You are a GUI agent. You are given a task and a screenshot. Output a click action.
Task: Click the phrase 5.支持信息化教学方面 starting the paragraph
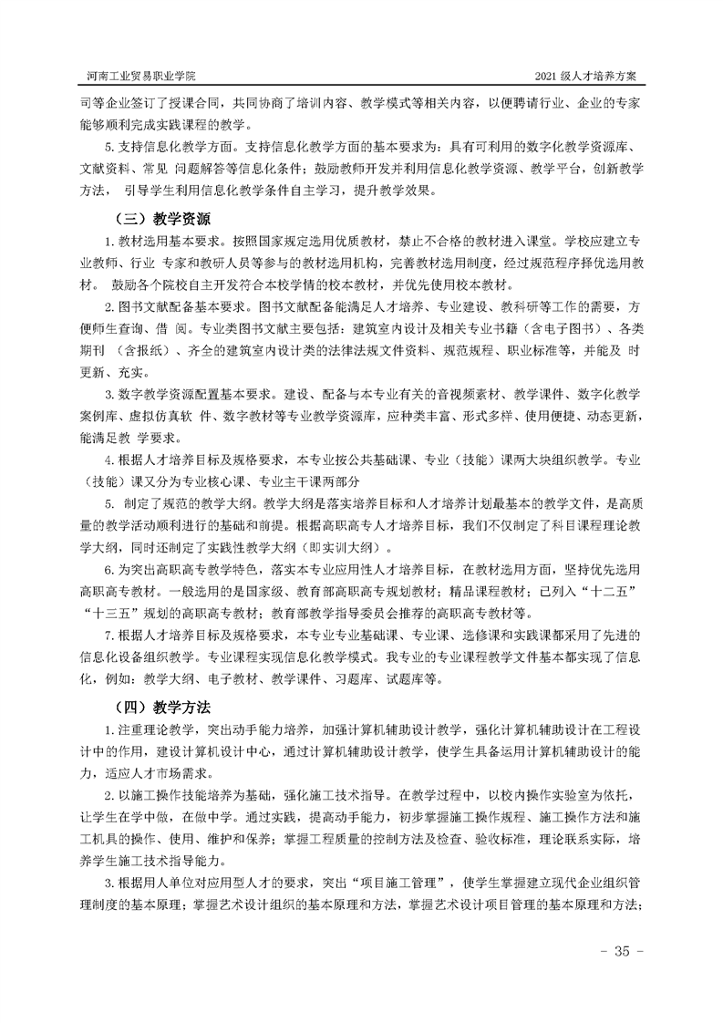click(x=170, y=146)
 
